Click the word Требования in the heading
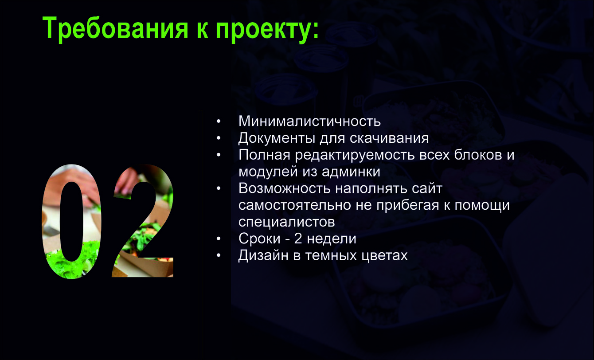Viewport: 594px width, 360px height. coord(115,28)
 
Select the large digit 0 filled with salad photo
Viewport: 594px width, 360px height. coord(72,222)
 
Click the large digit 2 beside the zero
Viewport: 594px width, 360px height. coord(143,221)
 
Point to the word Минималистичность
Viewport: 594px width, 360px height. coord(309,121)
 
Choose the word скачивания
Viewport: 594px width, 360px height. coord(389,138)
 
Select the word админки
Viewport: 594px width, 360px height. coord(351,172)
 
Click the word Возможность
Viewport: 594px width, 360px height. coord(285,188)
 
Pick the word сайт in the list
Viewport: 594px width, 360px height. coord(427,188)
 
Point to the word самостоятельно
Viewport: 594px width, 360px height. coord(295,205)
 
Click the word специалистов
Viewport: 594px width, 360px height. coord(287,222)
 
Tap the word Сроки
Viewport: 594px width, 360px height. coord(259,239)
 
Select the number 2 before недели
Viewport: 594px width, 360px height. coord(298,239)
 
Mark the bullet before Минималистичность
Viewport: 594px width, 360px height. coord(219,121)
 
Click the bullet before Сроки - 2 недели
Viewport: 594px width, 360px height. coord(219,239)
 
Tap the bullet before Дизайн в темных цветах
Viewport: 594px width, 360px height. coord(219,255)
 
